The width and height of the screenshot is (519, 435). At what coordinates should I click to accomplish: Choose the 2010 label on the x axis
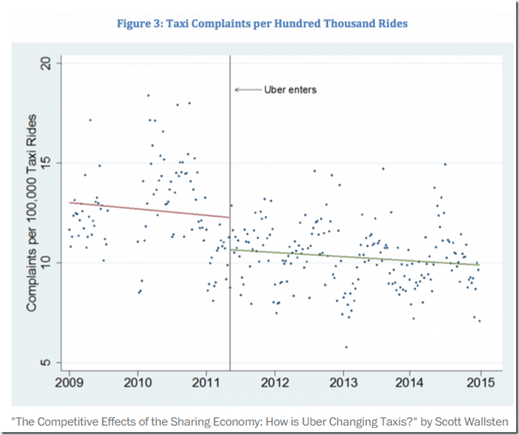tap(137, 383)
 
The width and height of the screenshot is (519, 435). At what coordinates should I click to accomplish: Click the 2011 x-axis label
tap(206, 383)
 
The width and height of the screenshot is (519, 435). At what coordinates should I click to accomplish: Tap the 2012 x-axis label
tap(275, 383)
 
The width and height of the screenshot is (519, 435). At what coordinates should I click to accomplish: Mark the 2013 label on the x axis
tap(343, 383)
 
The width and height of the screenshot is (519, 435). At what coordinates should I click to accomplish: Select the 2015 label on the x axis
tap(481, 383)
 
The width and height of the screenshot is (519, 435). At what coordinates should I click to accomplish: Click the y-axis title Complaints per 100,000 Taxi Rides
tap(32, 213)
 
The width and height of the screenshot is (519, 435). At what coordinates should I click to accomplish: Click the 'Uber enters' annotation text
tap(290, 90)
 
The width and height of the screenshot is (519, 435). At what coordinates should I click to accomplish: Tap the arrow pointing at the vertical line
tap(245, 90)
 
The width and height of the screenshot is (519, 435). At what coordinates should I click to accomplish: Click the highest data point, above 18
tap(148, 96)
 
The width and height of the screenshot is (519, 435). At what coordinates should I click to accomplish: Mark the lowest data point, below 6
tap(346, 346)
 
